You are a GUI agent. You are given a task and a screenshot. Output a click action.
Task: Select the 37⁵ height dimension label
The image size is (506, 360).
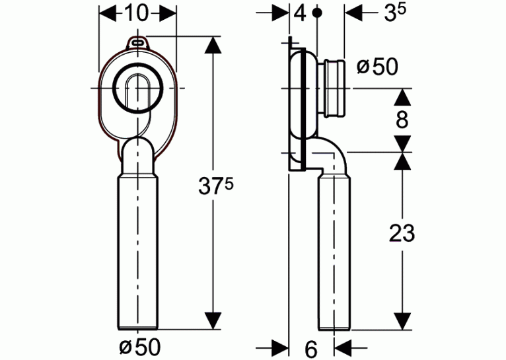[215, 186]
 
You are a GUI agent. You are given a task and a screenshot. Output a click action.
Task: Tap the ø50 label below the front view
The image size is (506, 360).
[140, 347]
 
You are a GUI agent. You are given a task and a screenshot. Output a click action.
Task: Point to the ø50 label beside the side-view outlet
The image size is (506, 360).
[377, 67]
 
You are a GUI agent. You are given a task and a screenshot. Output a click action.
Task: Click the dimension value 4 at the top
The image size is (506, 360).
[300, 14]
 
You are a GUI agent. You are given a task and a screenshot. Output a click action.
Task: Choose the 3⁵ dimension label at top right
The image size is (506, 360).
[395, 13]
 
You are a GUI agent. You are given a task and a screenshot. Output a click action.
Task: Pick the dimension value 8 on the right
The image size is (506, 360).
[402, 120]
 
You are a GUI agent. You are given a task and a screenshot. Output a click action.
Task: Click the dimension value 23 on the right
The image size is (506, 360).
[402, 233]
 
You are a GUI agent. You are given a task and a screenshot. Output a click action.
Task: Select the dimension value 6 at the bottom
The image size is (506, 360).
[311, 349]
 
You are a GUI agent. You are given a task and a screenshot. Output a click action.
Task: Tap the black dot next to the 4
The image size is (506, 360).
[318, 13]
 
